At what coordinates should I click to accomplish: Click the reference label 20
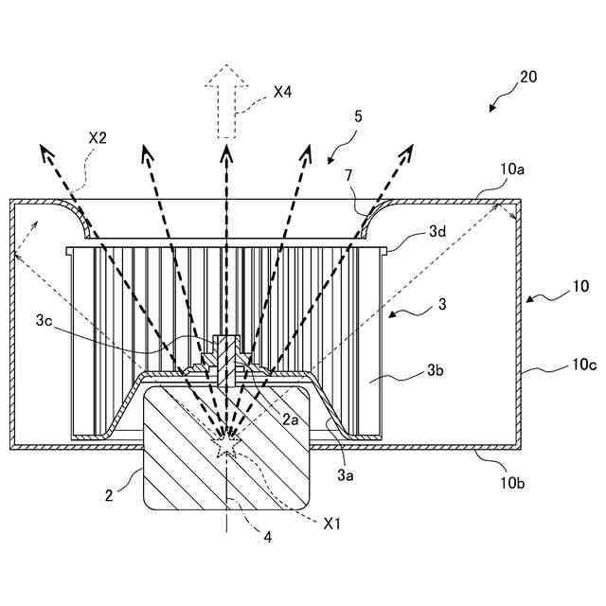point(529,77)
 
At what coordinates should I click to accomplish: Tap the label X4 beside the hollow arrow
point(282,92)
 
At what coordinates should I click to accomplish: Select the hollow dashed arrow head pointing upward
point(226,78)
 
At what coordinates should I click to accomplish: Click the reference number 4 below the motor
point(267,537)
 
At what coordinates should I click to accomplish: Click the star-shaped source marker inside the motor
point(227,437)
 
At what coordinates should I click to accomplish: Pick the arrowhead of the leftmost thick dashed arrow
point(45,148)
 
